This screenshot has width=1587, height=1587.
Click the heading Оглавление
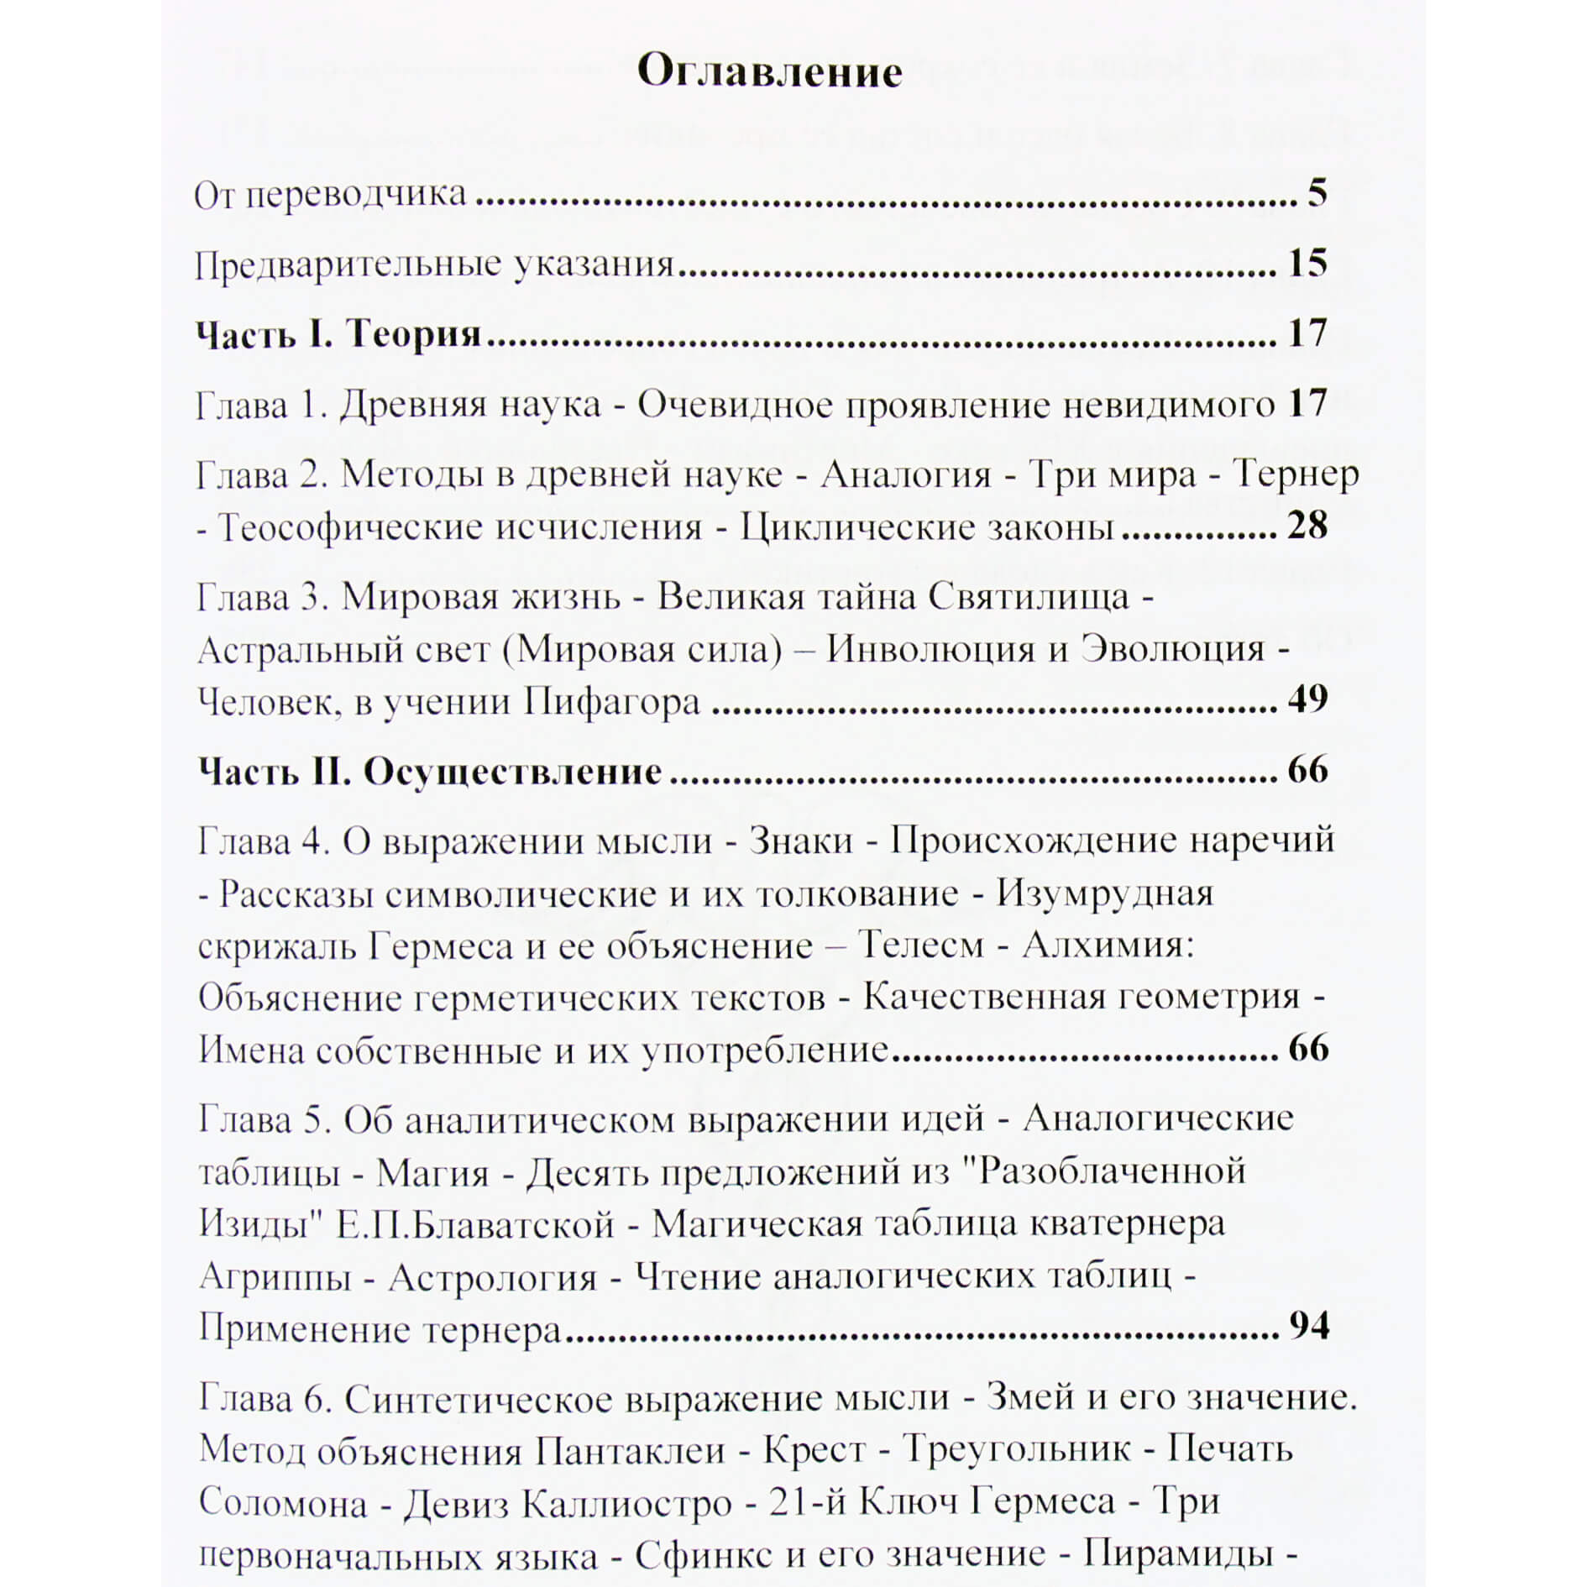[x=769, y=72]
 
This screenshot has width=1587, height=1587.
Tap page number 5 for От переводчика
[x=1317, y=194]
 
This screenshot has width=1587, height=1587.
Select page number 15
[x=1307, y=264]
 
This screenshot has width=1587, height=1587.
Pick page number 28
[x=1307, y=526]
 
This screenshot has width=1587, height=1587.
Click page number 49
[x=1307, y=699]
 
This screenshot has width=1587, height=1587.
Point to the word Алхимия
[x=1108, y=946]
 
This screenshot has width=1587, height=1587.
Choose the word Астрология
[x=492, y=1278]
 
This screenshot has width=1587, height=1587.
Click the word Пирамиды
[x=1178, y=1553]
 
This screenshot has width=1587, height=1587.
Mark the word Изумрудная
[x=1104, y=893]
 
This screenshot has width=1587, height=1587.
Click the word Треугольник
[x=1017, y=1450]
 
